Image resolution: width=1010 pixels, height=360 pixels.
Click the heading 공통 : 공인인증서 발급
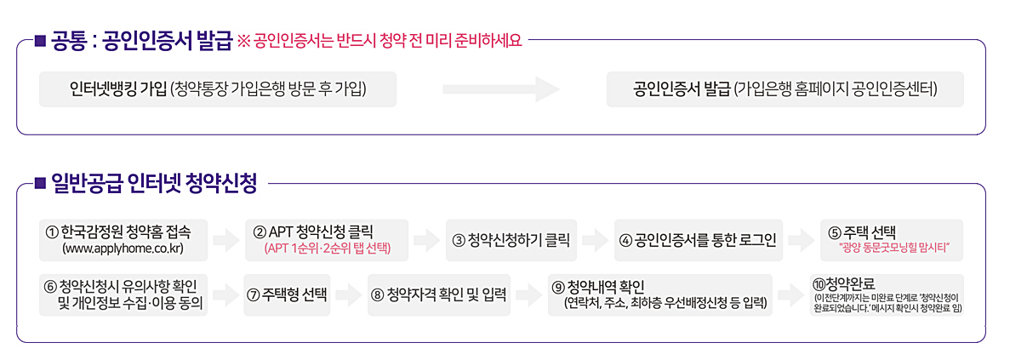pos(141,41)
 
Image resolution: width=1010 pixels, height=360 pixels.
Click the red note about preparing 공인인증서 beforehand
pos(379,41)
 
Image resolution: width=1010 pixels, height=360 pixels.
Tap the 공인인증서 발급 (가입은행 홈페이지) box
pos(785,89)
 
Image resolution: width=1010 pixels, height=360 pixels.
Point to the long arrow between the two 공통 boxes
pos(501,89)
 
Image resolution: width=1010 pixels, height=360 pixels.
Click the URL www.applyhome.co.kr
pos(123,249)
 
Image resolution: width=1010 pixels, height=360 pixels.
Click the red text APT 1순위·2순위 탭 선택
pos(328,249)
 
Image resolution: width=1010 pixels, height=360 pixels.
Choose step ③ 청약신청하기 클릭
pos(511,240)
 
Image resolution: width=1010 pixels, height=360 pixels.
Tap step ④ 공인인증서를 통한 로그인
pos(699,240)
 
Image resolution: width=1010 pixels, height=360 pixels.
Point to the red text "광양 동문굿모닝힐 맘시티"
pos(893,249)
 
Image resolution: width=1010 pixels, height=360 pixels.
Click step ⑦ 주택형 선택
pos(286,295)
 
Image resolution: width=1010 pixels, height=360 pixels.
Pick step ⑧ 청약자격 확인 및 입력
pos(439,295)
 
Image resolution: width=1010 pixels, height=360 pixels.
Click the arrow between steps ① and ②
pos(225,241)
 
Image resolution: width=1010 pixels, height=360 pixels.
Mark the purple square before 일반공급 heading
pos(39,182)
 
